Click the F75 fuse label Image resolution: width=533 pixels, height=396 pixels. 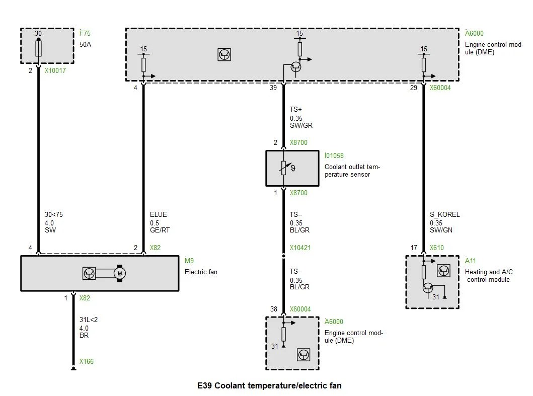tap(85, 33)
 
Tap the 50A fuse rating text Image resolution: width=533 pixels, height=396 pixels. tap(86, 44)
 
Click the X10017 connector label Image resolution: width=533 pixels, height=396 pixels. tap(55, 70)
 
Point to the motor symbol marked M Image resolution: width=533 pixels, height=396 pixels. tap(120, 273)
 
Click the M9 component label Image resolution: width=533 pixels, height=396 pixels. tap(189, 260)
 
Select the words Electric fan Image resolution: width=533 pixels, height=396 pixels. tap(201, 272)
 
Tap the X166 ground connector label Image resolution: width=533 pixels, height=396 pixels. tap(87, 361)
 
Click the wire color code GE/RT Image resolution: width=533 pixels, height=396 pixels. tap(160, 230)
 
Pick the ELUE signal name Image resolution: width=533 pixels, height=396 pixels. tap(159, 214)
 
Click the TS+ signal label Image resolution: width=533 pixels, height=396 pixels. tap(296, 110)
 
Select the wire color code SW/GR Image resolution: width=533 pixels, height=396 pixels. tap(301, 125)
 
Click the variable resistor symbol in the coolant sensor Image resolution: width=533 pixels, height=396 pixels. tap(285, 168)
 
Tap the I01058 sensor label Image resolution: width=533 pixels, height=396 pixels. tap(334, 155)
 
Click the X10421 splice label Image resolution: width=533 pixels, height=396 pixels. tap(300, 248)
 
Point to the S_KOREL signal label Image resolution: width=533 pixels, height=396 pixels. tap(444, 214)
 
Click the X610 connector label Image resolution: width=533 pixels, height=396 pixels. tap(437, 248)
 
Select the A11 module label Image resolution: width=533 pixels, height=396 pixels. tap(471, 260)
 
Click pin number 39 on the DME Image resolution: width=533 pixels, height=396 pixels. tap(273, 88)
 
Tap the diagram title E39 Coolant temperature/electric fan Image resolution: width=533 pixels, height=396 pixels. tap(269, 385)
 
